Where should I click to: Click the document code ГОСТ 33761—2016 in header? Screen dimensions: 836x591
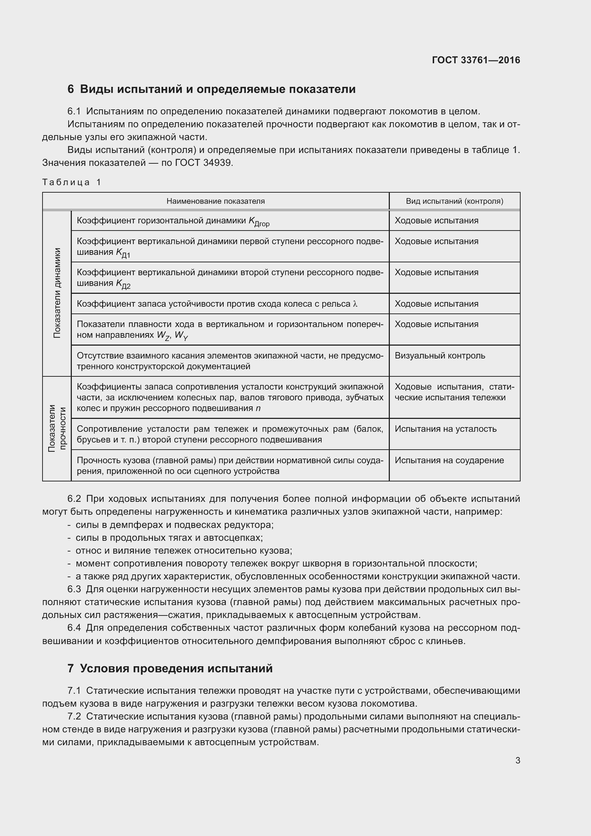[476, 60]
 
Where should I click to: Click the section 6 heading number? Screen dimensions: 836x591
[71, 89]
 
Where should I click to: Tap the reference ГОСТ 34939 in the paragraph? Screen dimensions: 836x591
[203, 163]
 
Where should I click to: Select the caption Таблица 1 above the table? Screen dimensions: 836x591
[72, 182]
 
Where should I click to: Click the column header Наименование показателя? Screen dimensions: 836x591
[215, 201]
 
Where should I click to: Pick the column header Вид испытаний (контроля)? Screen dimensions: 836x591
[454, 201]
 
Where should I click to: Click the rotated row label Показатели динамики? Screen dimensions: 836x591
[57, 293]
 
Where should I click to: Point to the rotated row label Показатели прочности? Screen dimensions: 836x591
[57, 428]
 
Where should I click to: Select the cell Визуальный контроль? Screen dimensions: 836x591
[439, 355]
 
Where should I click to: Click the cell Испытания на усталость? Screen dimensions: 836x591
[445, 429]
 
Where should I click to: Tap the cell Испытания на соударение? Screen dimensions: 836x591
[449, 460]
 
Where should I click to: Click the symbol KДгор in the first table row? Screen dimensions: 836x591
[259, 221]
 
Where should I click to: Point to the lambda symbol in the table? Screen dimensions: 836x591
[355, 304]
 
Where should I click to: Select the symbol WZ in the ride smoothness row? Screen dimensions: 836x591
[163, 336]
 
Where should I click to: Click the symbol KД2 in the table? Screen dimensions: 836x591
[123, 284]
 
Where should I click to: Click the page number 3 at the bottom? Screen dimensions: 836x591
[517, 760]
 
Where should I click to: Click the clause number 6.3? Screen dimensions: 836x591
[74, 589]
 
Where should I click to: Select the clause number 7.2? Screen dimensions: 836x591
[74, 716]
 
